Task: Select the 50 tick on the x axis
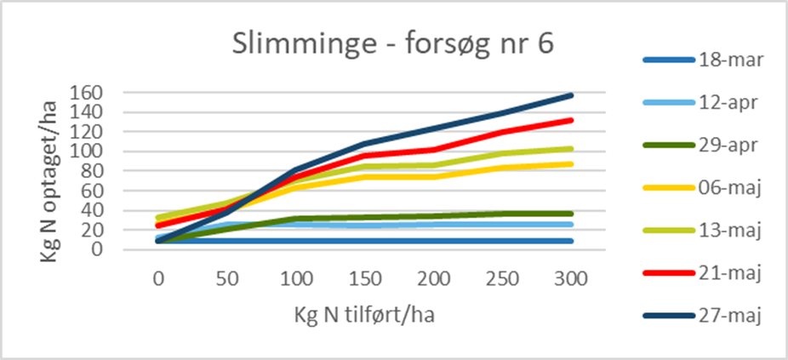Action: [227, 278]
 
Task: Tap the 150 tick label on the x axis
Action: [365, 278]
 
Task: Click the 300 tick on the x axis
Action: [572, 278]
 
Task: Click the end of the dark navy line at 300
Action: [572, 95]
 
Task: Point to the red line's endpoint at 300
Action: [572, 120]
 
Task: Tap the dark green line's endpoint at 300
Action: [572, 214]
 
